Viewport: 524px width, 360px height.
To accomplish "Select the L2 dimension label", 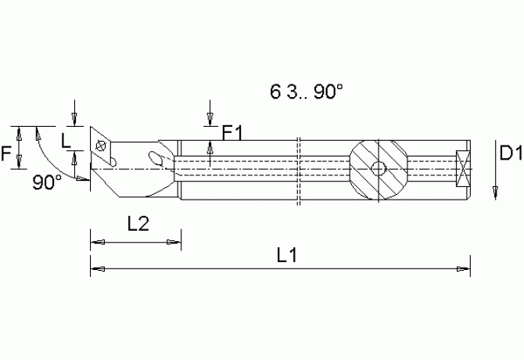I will point(138,224).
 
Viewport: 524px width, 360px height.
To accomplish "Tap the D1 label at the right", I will point(510,153).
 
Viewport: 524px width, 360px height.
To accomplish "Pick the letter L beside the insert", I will point(66,142).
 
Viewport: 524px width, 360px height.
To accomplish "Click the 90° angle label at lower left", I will point(48,182).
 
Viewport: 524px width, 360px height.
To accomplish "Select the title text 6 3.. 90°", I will point(307,92).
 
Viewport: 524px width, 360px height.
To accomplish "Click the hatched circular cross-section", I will point(378,169).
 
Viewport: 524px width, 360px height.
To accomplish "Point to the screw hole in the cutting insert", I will point(99,146).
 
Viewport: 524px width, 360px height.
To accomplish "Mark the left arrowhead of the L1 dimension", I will point(95,269).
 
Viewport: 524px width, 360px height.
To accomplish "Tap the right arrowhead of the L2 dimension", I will point(177,240).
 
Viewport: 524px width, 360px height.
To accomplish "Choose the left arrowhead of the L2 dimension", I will point(95,240).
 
